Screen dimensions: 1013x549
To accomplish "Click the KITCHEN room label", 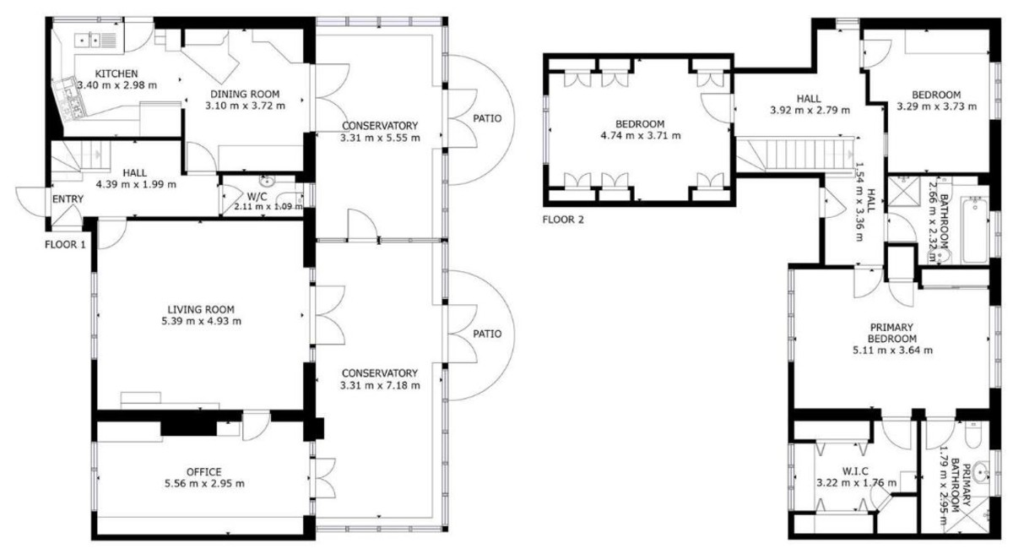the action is (x=116, y=73).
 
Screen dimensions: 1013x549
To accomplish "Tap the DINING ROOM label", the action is (x=245, y=94).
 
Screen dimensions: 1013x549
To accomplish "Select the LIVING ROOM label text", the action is (x=201, y=310).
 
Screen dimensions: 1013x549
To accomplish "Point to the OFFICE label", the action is (x=204, y=472).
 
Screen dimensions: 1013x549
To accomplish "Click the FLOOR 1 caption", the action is (x=65, y=245).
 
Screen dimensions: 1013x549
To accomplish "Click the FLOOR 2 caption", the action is (x=563, y=220).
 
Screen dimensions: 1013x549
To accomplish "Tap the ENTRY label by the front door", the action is (x=68, y=199).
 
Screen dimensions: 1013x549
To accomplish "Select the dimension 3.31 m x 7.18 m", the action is (x=380, y=385).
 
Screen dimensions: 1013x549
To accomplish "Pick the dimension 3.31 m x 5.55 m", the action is (x=380, y=138).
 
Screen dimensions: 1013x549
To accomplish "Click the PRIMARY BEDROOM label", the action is (x=892, y=333).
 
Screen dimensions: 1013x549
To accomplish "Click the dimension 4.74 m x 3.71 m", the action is (x=641, y=135).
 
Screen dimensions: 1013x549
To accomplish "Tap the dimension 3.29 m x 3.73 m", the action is (x=936, y=106).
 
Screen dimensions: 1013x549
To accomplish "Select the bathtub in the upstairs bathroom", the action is (x=975, y=231).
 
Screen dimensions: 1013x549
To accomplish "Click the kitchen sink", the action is (x=88, y=41).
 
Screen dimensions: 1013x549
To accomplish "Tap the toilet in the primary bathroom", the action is (x=972, y=433).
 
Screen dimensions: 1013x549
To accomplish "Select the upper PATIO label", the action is (x=487, y=118).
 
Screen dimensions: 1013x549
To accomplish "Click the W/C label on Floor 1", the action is (x=257, y=197).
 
